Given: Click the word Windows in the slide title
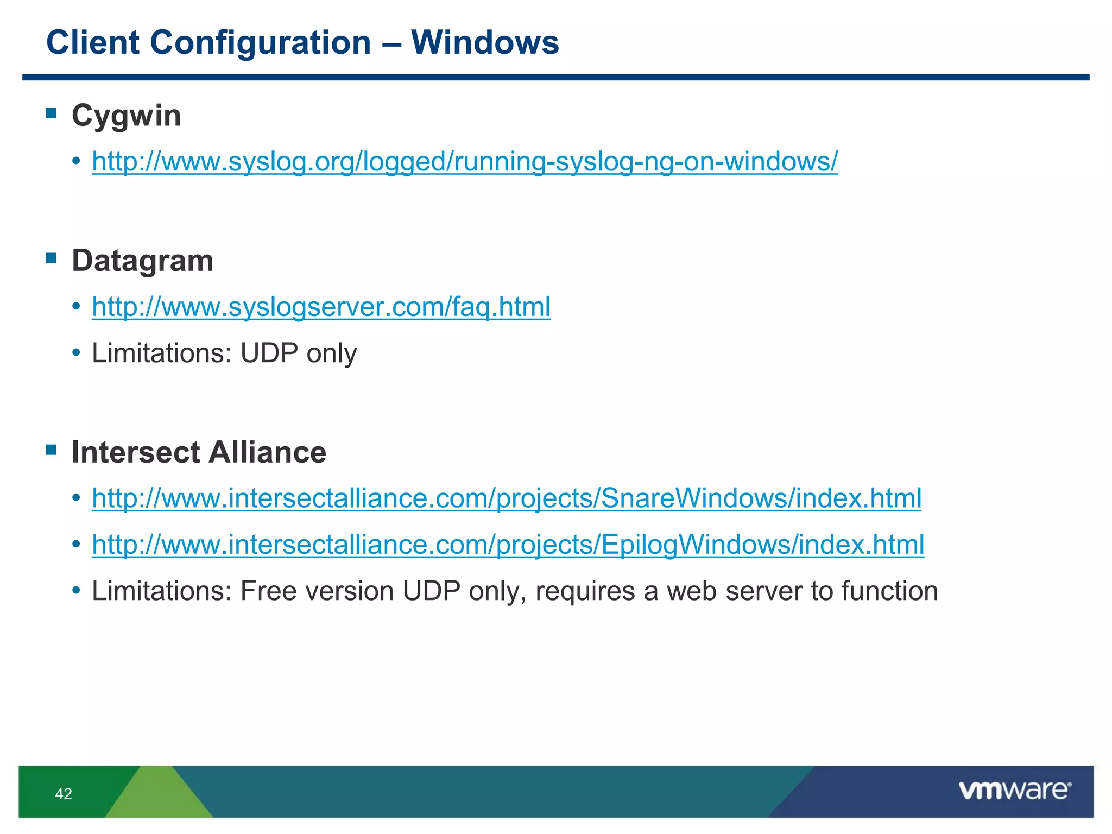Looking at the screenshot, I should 485,42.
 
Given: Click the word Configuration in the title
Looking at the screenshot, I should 261,42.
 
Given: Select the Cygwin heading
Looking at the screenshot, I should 126,116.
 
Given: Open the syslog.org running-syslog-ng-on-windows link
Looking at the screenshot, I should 465,161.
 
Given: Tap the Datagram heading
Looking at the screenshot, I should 142,261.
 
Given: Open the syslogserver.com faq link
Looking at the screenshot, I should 321,307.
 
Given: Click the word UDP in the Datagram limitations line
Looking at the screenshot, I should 269,353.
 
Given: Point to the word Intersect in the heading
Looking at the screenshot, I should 136,452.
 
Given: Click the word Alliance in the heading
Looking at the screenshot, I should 268,452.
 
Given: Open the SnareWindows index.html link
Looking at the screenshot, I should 507,498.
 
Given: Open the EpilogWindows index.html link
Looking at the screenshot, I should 508,544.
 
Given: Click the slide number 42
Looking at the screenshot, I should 64,794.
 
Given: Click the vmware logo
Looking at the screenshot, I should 1015,791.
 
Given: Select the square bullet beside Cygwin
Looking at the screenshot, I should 52,113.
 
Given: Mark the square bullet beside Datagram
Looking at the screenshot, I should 52,258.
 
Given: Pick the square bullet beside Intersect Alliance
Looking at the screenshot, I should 52,450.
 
